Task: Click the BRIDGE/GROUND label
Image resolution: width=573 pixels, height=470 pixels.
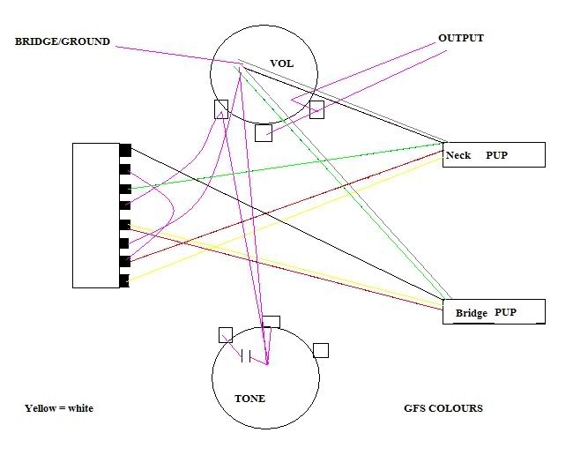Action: point(62,41)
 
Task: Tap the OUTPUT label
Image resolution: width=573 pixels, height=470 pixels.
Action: point(461,39)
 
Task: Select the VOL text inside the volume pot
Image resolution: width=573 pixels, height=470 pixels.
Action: point(282,63)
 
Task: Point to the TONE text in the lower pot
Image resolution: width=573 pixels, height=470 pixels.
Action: point(250,399)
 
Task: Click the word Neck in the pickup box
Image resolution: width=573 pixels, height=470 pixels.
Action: point(458,155)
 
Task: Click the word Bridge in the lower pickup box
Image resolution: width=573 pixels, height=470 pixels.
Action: point(472,313)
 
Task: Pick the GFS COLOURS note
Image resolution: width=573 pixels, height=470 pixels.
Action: point(443,408)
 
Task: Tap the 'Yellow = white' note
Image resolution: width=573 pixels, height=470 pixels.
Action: point(59,408)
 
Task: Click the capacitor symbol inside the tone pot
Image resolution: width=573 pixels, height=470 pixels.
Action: point(246,355)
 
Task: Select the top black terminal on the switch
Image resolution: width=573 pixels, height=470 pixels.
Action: point(125,150)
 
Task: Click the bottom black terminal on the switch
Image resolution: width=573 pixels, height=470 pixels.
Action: point(124,280)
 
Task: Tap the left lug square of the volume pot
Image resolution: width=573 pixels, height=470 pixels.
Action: point(221,109)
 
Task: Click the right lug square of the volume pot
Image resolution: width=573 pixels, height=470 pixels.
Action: point(316,109)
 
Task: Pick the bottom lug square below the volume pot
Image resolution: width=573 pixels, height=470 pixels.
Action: point(264,133)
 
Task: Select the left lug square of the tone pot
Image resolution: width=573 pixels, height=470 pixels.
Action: point(226,335)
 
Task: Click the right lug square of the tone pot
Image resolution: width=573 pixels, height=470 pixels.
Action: point(321,350)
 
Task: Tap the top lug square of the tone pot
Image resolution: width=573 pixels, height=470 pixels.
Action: point(272,322)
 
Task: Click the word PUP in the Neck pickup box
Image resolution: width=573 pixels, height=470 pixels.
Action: point(496,155)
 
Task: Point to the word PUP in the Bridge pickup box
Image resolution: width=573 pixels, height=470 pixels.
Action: point(505,312)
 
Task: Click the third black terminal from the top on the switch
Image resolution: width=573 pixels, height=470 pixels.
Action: point(125,189)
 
